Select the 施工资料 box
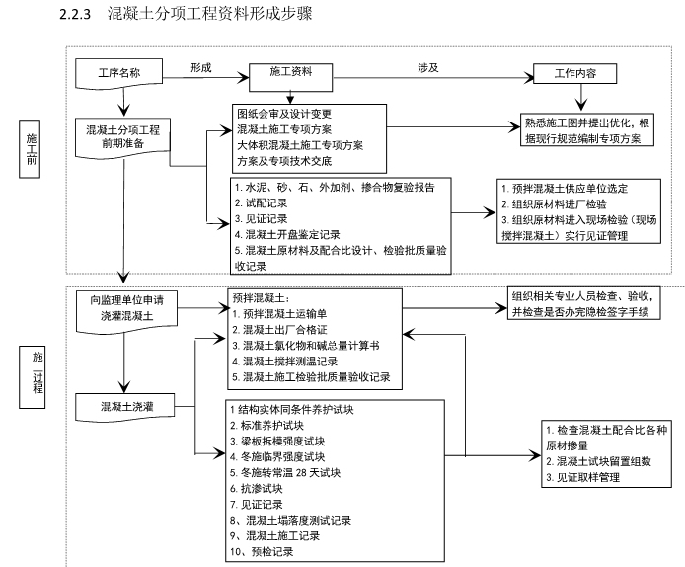(x=290, y=73)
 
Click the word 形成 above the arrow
(x=201, y=65)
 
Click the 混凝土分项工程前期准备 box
(x=123, y=136)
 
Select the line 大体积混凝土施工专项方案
(x=299, y=144)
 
